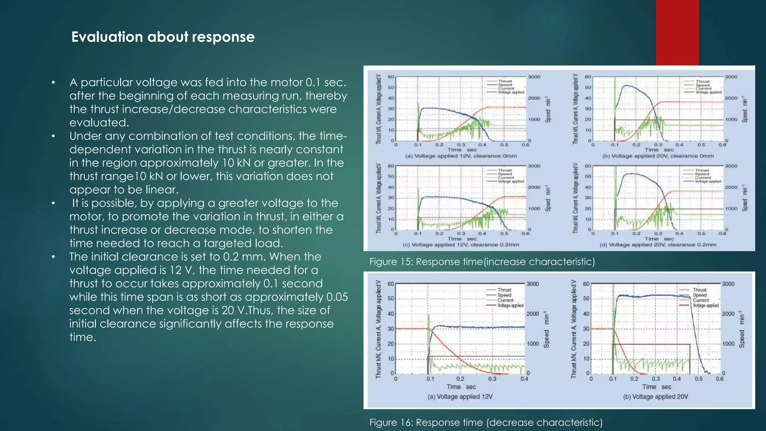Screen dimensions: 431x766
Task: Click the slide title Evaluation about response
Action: point(163,37)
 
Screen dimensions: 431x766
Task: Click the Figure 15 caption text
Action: point(482,262)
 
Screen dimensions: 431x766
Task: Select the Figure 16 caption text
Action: point(485,422)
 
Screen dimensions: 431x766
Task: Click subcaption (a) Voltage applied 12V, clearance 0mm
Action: point(461,156)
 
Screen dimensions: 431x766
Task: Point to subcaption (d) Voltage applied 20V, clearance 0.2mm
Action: point(658,245)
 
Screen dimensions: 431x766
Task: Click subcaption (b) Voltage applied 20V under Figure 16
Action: point(655,397)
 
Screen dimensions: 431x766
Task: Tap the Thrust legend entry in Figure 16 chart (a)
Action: point(504,290)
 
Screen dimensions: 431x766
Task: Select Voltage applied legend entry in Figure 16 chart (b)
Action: point(705,306)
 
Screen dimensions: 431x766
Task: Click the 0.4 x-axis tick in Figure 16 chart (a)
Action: point(524,379)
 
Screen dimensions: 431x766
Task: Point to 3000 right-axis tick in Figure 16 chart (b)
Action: point(728,284)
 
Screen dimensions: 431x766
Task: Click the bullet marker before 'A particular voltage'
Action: point(53,83)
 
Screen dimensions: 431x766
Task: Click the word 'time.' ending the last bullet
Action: point(83,337)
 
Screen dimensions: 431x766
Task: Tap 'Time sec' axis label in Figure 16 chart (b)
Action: point(656,387)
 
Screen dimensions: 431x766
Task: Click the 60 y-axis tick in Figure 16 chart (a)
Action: point(390,284)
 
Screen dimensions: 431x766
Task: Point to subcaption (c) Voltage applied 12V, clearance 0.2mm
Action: point(461,245)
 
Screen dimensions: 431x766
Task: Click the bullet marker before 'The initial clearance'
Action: point(53,257)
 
